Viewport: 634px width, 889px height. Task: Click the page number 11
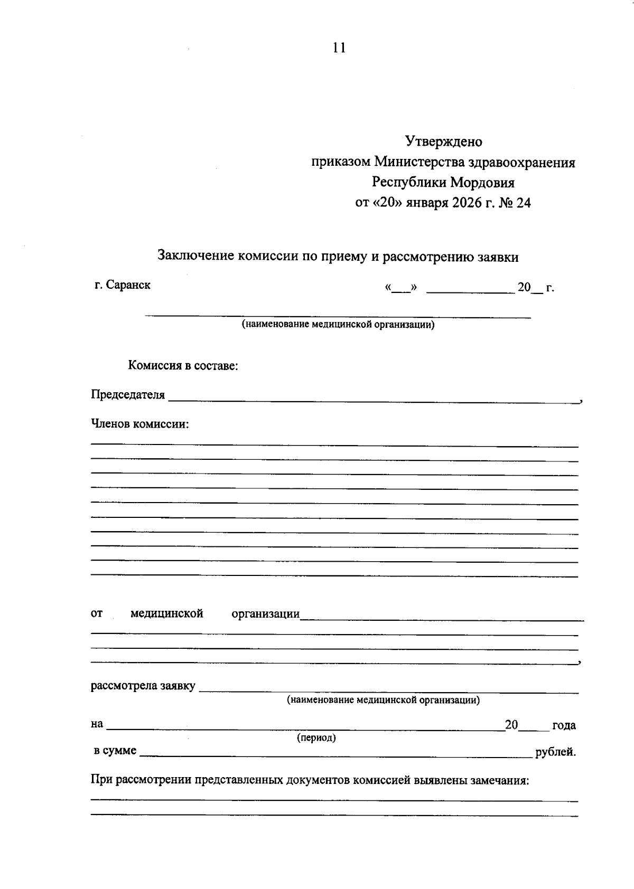[x=339, y=48]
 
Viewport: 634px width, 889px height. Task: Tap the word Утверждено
[x=443, y=141]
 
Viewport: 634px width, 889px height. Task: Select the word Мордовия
[x=482, y=183]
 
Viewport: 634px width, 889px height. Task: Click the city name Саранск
[x=128, y=285]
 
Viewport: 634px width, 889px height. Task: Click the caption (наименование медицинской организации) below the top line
[x=338, y=324]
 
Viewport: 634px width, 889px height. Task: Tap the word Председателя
[x=128, y=395]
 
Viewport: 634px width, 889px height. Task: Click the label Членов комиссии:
[x=140, y=424]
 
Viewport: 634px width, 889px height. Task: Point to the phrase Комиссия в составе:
[x=183, y=366]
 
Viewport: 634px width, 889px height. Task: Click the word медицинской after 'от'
[x=166, y=614]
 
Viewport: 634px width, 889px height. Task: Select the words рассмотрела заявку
[x=143, y=686]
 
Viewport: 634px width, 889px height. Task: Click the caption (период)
[x=316, y=737]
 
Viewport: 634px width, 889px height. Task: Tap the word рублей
[x=555, y=752]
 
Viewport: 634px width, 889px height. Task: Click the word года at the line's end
[x=563, y=725]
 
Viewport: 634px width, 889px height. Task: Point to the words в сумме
[x=115, y=751]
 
